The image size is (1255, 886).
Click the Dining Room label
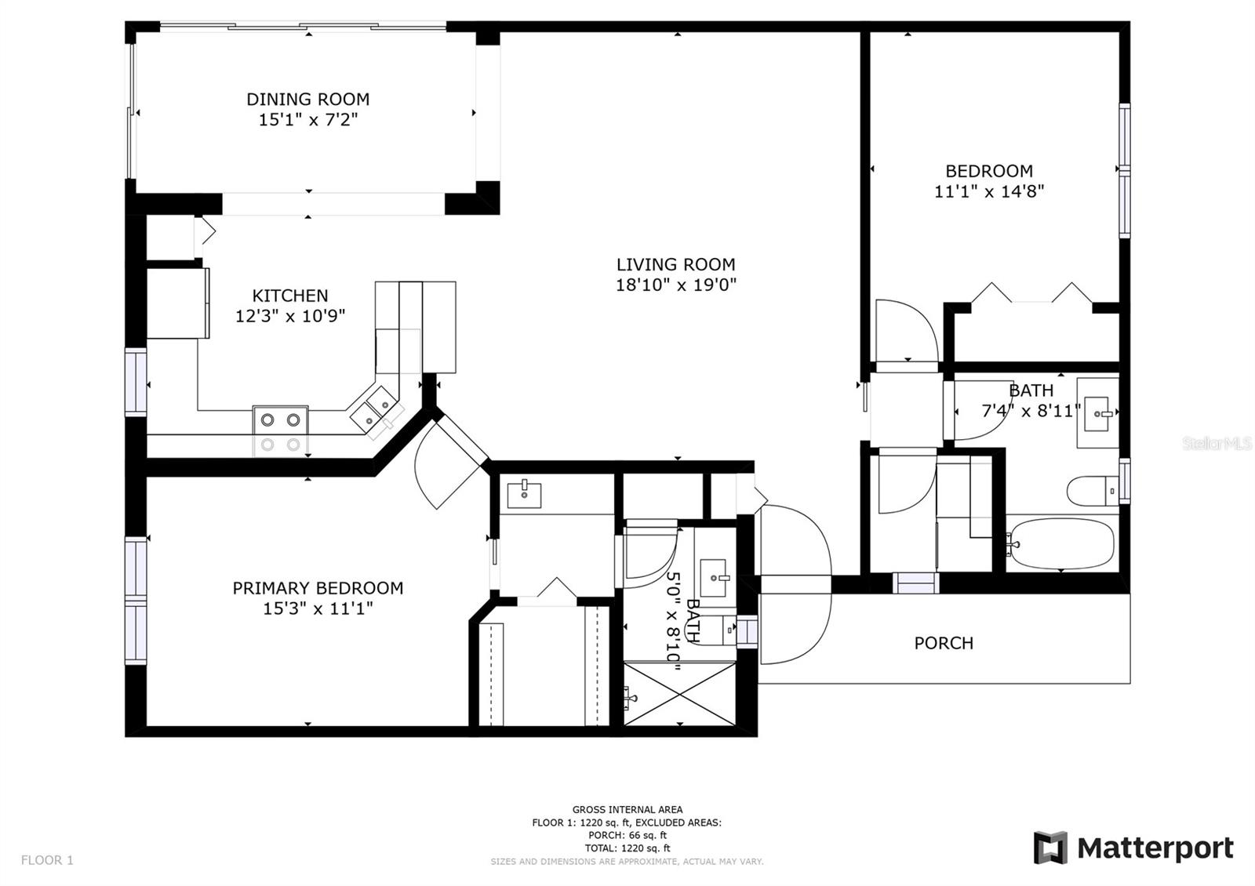[x=307, y=100]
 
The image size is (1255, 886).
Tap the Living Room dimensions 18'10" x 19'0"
[x=675, y=285]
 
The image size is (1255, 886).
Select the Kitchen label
[x=289, y=296]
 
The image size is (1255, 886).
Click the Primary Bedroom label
[x=318, y=588]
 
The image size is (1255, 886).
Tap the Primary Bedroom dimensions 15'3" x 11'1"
[x=318, y=608]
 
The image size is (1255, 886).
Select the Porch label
[x=944, y=643]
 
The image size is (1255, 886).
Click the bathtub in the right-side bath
[x=1061, y=543]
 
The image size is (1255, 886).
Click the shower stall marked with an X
[x=680, y=694]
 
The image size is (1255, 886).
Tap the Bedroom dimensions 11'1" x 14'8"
[x=988, y=191]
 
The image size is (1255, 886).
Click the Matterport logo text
[x=1155, y=848]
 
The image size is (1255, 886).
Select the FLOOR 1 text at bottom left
[x=47, y=860]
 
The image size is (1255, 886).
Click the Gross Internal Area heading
[x=627, y=809]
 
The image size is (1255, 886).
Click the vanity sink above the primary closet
[x=524, y=495]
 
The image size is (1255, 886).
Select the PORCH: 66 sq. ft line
[x=627, y=835]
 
